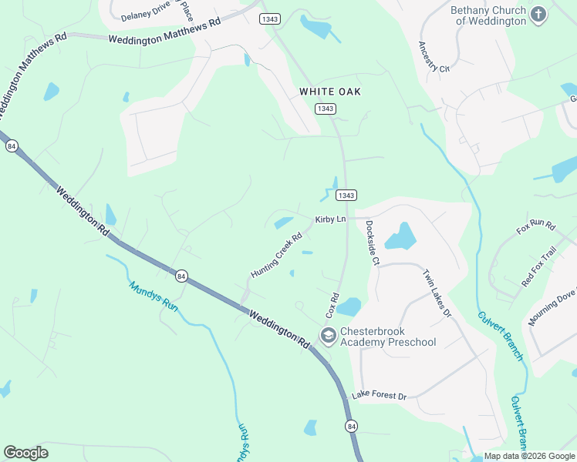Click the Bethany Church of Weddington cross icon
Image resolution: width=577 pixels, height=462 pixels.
538,15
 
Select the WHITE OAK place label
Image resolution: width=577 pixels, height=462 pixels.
330,92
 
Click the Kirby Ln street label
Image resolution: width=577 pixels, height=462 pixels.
330,219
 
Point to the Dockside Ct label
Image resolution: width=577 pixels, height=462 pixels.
373,243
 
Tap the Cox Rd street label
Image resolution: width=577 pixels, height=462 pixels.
332,306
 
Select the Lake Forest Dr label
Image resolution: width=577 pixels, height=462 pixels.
379,396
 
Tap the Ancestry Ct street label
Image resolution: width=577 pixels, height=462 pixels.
434,57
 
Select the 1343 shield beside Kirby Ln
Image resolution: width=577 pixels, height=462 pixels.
346,196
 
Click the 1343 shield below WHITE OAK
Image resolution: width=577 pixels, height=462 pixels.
326,109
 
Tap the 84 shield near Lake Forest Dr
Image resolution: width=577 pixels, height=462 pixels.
352,426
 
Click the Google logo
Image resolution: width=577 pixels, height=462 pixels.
25,453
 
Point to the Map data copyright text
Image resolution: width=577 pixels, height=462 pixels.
530,456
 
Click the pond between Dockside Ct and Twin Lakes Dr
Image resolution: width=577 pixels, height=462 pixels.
400,236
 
